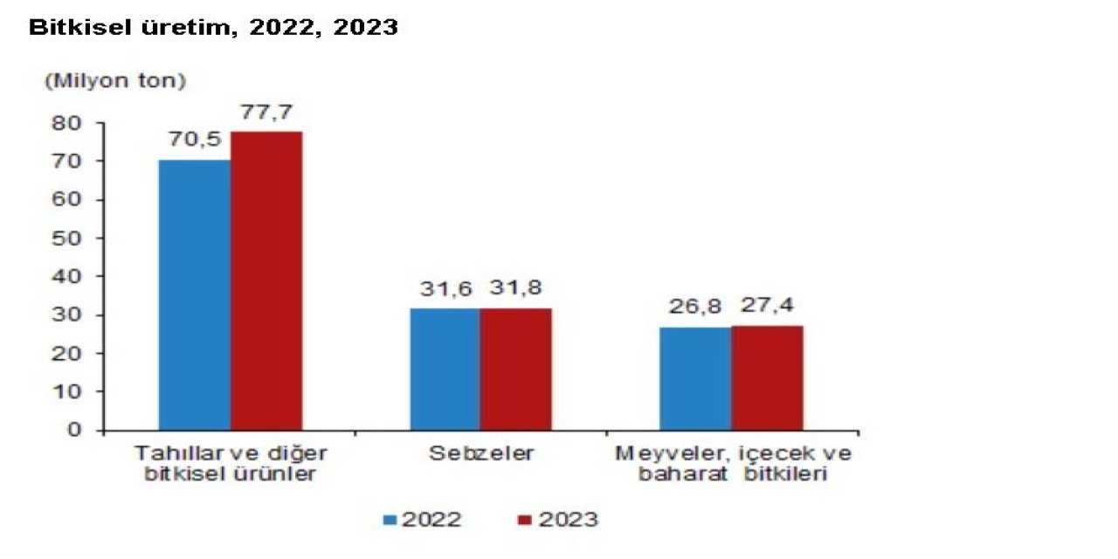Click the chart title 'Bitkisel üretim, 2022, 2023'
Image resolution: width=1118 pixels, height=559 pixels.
(x=214, y=28)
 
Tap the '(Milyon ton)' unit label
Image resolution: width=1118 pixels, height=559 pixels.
(x=115, y=81)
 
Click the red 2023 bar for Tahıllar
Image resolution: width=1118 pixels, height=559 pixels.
(x=266, y=281)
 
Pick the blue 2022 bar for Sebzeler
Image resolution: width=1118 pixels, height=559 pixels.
(x=445, y=369)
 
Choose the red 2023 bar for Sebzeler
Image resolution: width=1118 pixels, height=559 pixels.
(x=515, y=369)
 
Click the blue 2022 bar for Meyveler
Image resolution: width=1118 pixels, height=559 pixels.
(x=695, y=379)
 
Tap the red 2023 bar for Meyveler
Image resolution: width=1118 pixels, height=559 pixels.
(x=767, y=378)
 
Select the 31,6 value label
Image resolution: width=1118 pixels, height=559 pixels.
(x=445, y=288)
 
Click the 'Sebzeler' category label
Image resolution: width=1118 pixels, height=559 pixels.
(x=480, y=454)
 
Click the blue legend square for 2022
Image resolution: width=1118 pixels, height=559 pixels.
(x=390, y=520)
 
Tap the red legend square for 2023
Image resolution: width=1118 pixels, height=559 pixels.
(x=525, y=520)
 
